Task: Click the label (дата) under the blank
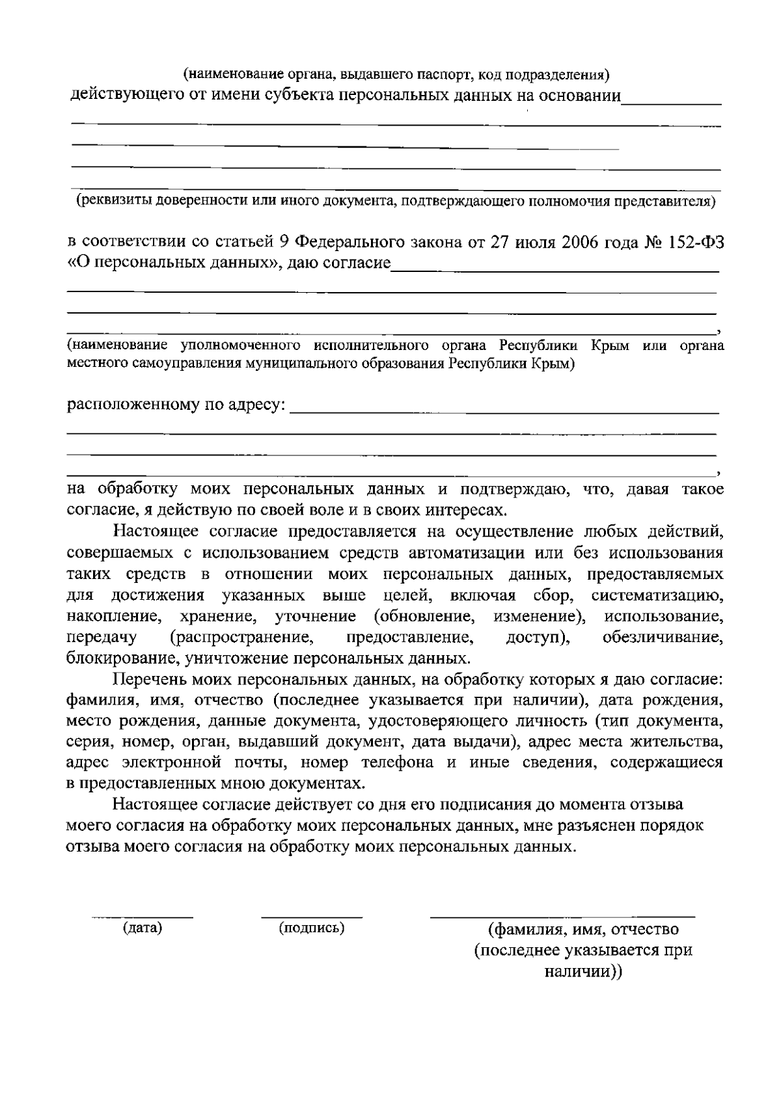(x=143, y=928)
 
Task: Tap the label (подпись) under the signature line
(x=312, y=928)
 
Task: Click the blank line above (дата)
(x=143, y=917)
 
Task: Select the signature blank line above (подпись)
(x=312, y=917)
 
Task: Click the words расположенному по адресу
(x=176, y=405)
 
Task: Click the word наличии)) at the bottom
(x=583, y=972)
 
